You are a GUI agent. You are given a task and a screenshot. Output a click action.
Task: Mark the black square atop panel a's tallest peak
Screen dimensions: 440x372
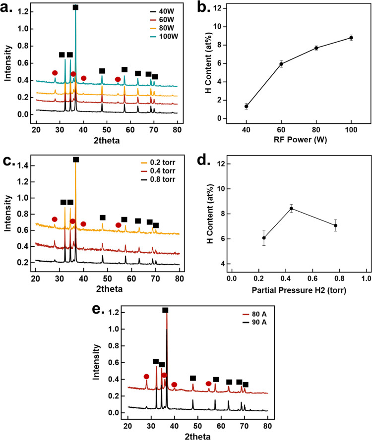(x=75, y=7)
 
